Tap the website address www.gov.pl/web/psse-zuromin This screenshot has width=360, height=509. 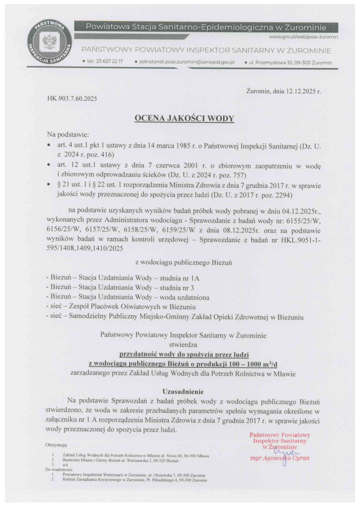304,36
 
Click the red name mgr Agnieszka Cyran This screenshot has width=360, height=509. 279,459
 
